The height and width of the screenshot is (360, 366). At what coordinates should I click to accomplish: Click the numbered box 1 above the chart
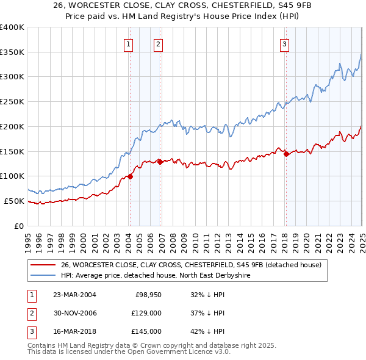tap(129, 43)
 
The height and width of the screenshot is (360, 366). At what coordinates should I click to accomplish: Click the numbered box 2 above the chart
tap(158, 43)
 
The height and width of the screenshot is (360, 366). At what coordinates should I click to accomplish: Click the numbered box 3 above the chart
tap(285, 43)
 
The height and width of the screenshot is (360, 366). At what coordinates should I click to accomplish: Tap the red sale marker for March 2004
tap(130, 176)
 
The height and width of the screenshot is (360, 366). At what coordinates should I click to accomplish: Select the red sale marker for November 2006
tap(160, 162)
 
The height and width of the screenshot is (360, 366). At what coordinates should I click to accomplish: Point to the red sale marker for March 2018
tap(286, 154)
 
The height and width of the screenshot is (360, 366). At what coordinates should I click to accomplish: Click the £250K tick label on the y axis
tap(12, 101)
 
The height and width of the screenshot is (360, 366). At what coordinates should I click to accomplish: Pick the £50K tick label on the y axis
tap(14, 201)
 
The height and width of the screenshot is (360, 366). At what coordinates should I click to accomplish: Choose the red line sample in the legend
tap(43, 265)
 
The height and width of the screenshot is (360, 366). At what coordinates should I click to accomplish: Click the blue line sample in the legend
tap(43, 276)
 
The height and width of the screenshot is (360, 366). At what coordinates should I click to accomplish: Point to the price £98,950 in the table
tap(148, 294)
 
